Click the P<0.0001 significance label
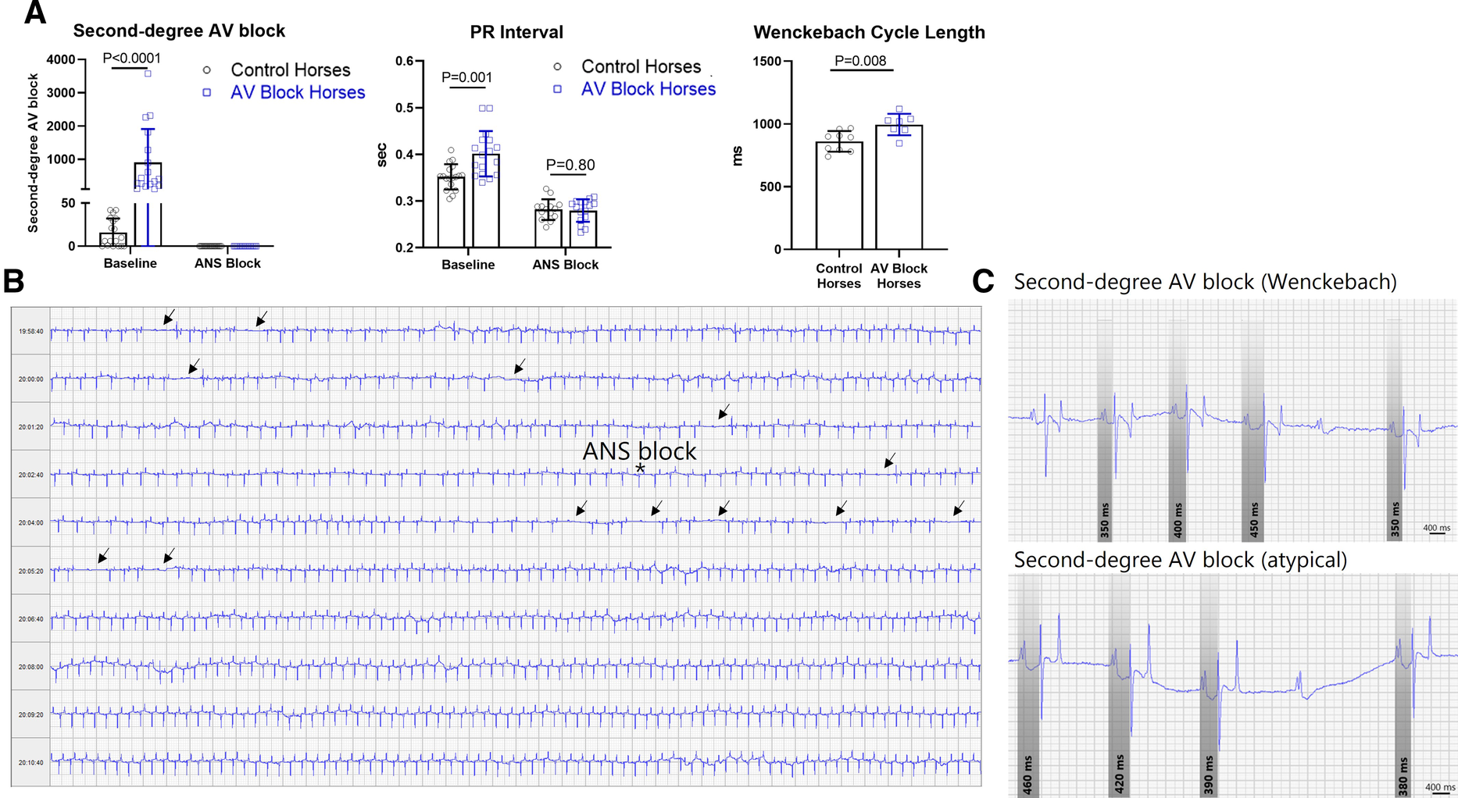click(131, 58)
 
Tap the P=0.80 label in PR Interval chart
click(570, 165)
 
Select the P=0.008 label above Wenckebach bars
click(860, 61)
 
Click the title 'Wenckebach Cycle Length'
click(869, 33)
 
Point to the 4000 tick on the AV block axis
click(60, 59)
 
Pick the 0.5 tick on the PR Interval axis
click(404, 108)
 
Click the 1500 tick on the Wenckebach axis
click(767, 62)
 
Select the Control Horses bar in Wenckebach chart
click(839, 195)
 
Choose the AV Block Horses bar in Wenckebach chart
click(899, 187)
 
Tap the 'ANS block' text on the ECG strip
click(639, 451)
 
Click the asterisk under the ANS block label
click(640, 468)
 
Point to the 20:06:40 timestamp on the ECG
click(31, 619)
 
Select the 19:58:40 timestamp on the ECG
click(31, 332)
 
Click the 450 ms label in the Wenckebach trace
click(1254, 519)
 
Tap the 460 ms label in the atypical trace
click(1027, 774)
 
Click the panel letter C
click(983, 282)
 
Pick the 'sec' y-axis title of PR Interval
click(382, 155)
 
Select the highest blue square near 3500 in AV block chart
click(148, 73)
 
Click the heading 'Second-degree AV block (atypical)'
click(1180, 561)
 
